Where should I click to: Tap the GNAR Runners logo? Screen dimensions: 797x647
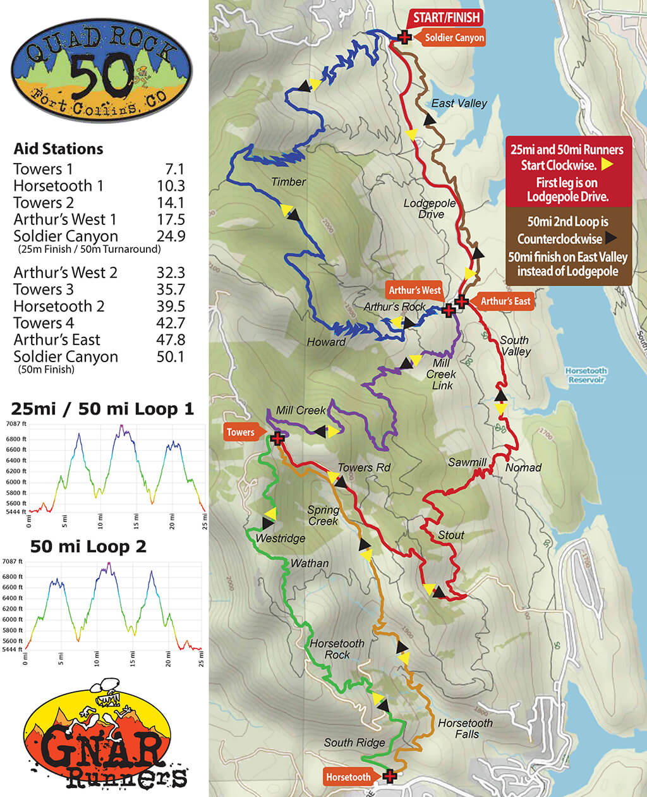point(104,736)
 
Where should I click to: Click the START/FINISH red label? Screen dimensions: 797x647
point(446,17)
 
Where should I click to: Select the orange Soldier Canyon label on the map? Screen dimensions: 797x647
point(454,38)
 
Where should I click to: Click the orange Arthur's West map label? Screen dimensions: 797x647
point(414,290)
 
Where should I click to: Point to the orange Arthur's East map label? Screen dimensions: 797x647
point(505,301)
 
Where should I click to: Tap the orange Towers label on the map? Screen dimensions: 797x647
point(241,432)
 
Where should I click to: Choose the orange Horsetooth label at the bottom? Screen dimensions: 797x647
point(348,777)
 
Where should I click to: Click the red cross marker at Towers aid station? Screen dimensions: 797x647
point(277,438)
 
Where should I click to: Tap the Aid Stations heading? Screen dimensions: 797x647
point(58,149)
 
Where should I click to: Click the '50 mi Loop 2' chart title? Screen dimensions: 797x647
point(88,546)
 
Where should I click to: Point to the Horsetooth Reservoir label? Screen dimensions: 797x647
point(586,375)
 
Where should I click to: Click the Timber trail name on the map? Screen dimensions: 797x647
point(288,181)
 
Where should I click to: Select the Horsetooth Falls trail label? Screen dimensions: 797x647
point(465,729)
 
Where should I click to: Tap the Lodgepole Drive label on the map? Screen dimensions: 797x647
point(430,209)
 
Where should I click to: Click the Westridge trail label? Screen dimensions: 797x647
point(280,538)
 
